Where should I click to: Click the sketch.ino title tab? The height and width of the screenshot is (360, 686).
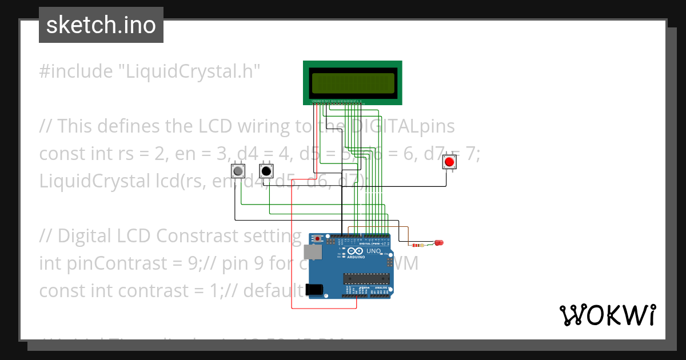click(101, 25)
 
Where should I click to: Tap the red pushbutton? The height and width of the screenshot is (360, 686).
click(449, 162)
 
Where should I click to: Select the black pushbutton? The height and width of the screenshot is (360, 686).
click(265, 170)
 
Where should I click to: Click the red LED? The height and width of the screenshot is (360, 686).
click(439, 243)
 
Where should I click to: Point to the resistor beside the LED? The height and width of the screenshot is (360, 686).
click(423, 245)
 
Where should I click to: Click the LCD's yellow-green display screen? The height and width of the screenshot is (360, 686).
click(353, 83)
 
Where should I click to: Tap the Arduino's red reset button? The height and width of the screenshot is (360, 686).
click(318, 239)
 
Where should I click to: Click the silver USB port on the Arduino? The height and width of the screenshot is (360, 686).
click(312, 252)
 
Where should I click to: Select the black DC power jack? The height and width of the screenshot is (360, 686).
click(314, 290)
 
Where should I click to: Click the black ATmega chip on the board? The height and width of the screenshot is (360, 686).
click(366, 278)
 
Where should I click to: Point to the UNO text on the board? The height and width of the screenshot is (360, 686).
click(373, 251)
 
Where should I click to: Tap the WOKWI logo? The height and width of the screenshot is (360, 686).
click(607, 315)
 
